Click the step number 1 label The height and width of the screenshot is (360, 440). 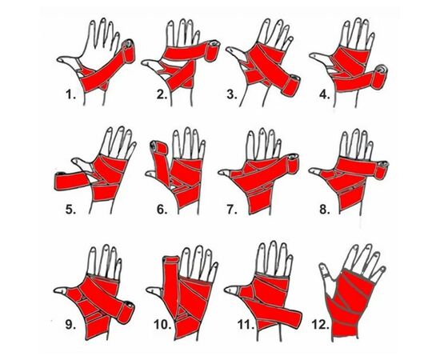click(70, 95)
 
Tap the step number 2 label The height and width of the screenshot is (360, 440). click(162, 94)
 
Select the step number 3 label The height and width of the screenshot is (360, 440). click(232, 94)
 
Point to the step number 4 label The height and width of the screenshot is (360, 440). click(325, 94)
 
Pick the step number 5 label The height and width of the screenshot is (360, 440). click(70, 209)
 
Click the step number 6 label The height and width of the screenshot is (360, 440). click(162, 209)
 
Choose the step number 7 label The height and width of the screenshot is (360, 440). click(232, 209)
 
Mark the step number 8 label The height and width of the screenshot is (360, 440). click(325, 209)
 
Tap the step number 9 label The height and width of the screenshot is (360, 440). click(70, 325)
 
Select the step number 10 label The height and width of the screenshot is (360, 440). click(162, 325)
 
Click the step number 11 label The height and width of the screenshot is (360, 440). click(246, 325)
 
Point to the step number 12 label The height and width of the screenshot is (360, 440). click(320, 325)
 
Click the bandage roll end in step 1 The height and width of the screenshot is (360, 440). click(129, 50)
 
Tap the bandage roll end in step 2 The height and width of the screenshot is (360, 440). click(213, 50)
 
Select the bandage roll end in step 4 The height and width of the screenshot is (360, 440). click(379, 75)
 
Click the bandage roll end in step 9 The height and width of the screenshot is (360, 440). click(126, 312)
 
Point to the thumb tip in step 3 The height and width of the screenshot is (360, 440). click(230, 50)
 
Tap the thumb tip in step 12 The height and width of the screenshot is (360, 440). click(322, 266)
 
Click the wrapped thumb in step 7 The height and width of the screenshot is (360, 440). click(228, 174)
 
